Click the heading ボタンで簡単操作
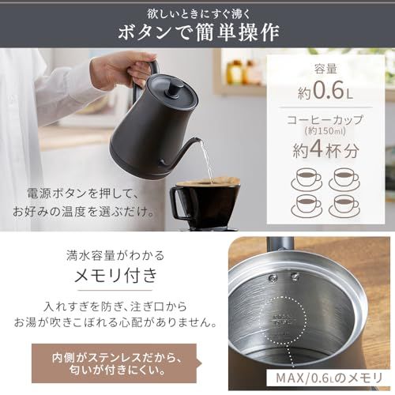(x=197, y=32)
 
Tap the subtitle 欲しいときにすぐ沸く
(x=197, y=10)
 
